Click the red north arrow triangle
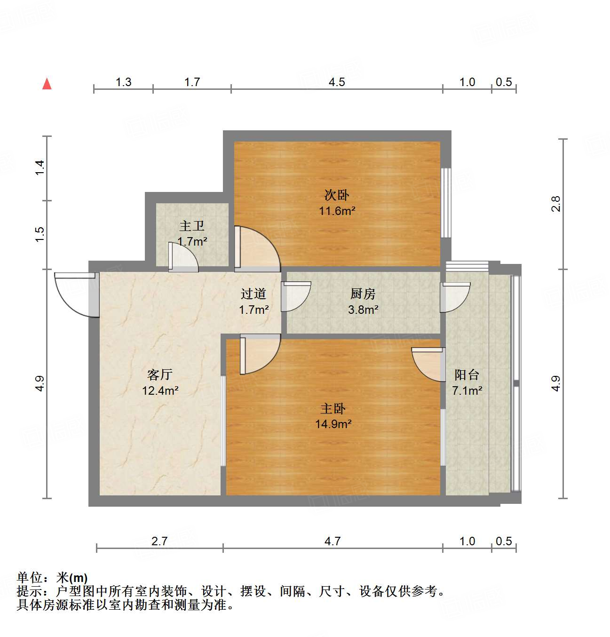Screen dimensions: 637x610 click(47, 84)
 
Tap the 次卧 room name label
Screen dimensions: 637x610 click(337, 195)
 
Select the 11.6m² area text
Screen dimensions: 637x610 click(337, 211)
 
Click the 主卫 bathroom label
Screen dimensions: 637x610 click(192, 226)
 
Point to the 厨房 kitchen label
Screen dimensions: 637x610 click(363, 294)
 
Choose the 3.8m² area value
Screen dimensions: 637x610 click(363, 310)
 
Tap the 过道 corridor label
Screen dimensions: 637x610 click(254, 294)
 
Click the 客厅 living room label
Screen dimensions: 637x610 click(160, 374)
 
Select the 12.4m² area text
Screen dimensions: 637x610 click(160, 390)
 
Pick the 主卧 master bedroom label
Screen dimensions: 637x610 click(333, 408)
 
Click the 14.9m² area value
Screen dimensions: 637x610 click(333, 424)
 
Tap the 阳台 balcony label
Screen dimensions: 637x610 click(467, 374)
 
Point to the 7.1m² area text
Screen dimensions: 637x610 click(467, 390)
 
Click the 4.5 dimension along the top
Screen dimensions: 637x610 click(337, 82)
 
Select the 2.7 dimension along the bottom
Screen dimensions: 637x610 click(159, 541)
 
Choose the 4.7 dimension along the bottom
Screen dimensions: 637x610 click(333, 541)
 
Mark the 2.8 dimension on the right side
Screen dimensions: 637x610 click(556, 204)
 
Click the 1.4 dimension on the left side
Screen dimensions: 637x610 click(40, 168)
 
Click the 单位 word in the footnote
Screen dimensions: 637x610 click(29, 577)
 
